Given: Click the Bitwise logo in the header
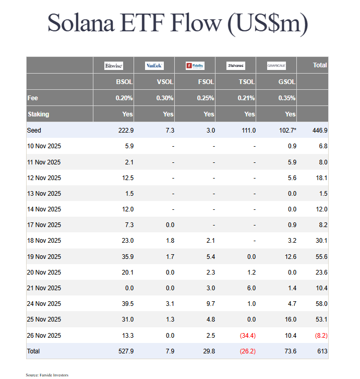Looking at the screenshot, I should pyautogui.click(x=114, y=66).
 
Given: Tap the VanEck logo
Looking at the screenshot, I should pyautogui.click(x=154, y=66).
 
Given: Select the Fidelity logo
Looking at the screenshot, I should pyautogui.click(x=195, y=66).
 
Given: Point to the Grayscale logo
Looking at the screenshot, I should pyautogui.click(x=277, y=66).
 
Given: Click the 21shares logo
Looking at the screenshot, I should pyautogui.click(x=235, y=66).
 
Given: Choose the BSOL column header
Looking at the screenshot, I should pyautogui.click(x=124, y=82).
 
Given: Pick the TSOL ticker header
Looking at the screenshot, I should pyautogui.click(x=247, y=82).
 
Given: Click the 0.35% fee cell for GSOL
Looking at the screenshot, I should pyautogui.click(x=287, y=98).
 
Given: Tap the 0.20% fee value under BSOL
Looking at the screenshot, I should pyautogui.click(x=124, y=98).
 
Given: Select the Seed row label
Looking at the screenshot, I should pyautogui.click(x=34, y=130).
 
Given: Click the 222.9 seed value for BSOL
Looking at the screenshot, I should pyautogui.click(x=125, y=130).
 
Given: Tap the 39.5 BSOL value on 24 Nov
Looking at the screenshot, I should pyautogui.click(x=127, y=304).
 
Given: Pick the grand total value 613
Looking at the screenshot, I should pyautogui.click(x=321, y=351).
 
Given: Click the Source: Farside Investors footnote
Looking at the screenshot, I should pyautogui.click(x=47, y=375).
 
